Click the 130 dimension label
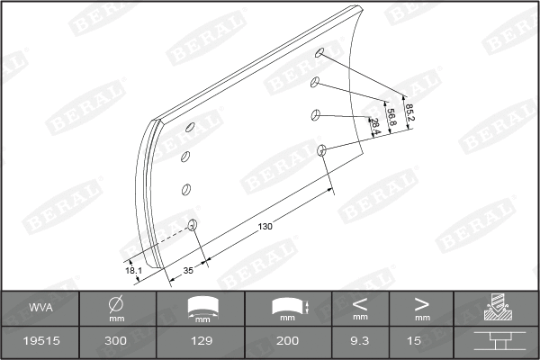click(x=265, y=226)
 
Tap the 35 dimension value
click(x=188, y=270)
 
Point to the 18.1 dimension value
click(x=133, y=269)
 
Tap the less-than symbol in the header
click(x=360, y=303)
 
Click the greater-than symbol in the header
click(x=421, y=303)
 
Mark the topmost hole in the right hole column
click(x=319, y=54)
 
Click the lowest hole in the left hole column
click(x=192, y=223)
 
